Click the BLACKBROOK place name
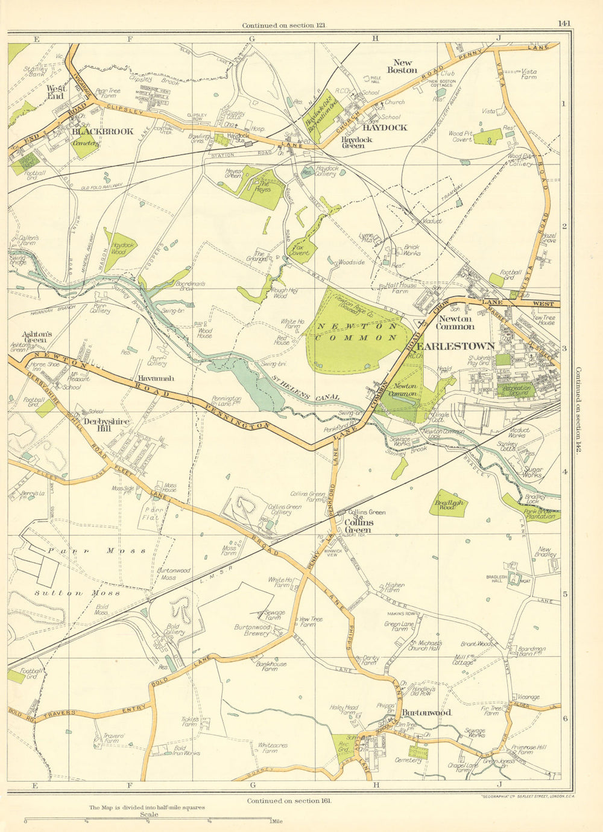click(103, 131)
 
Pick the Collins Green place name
click(358, 526)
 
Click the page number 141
click(564, 24)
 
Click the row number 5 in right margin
click(564, 594)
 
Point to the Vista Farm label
click(528, 74)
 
